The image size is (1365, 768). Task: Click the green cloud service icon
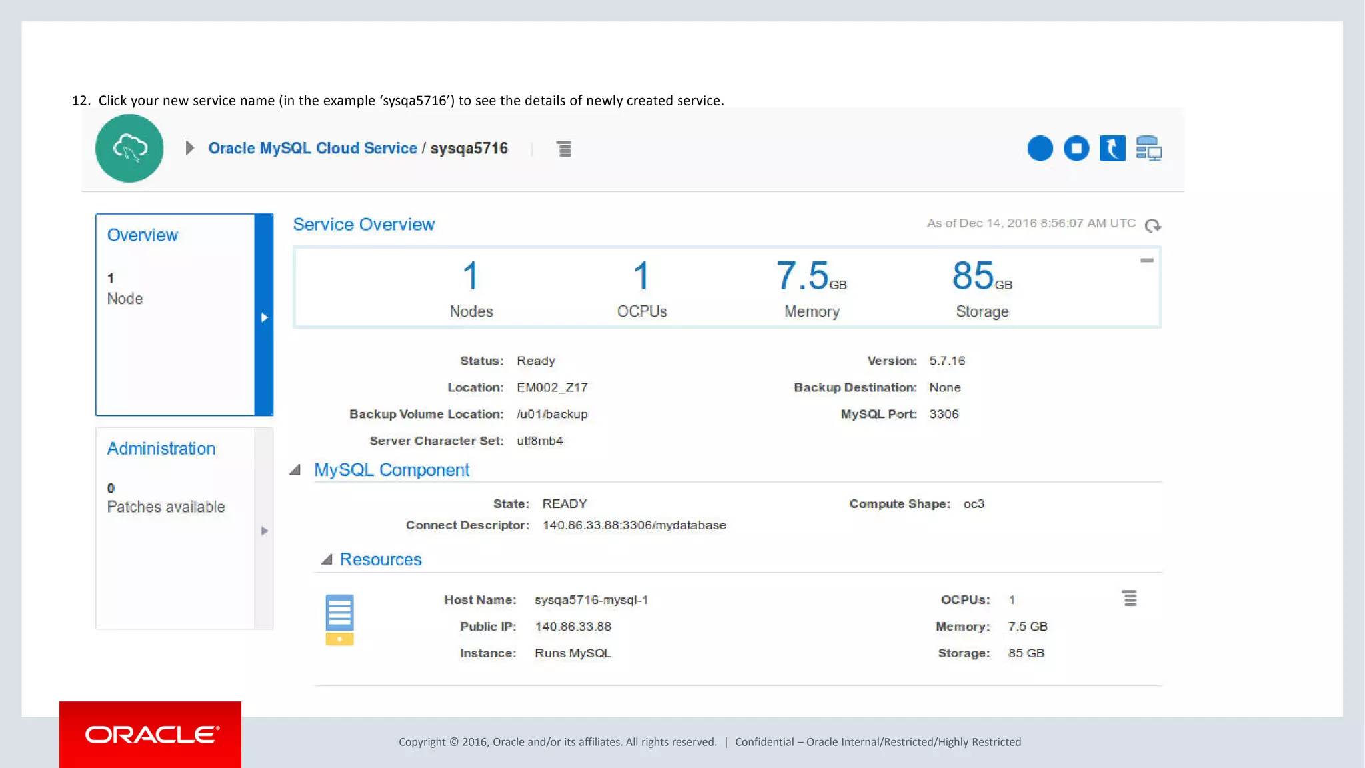129,148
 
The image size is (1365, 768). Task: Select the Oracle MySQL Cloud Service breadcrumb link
312,148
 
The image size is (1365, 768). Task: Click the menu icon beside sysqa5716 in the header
564,149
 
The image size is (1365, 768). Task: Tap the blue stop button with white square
1076,148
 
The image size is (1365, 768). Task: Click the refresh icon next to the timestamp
1152,225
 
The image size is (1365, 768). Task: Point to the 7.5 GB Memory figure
810,277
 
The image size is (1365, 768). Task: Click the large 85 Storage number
973,276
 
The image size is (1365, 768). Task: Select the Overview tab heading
142,235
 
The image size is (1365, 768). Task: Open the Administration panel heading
161,449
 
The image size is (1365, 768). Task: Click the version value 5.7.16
947,361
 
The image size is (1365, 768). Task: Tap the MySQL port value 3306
944,414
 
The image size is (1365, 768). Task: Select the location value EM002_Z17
552,387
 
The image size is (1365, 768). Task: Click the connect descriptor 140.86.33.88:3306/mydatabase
634,525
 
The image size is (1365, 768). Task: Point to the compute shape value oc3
974,504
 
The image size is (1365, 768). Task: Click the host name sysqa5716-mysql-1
591,600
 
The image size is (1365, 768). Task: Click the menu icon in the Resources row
1129,599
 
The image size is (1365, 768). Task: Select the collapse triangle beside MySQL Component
295,470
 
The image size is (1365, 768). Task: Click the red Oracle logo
150,734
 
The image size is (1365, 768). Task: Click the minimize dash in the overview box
1146,261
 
